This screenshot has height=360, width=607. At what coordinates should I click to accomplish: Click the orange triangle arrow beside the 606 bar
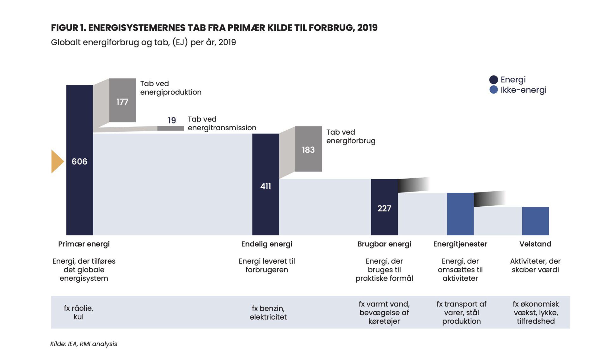[57, 161]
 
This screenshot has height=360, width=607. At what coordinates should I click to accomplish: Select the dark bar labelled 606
[80, 160]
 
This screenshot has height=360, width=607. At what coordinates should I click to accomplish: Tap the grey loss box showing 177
[122, 100]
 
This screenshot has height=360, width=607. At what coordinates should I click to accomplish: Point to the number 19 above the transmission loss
[172, 120]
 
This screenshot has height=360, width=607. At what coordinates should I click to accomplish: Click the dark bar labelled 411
[266, 184]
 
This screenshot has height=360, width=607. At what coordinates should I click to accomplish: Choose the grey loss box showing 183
[309, 149]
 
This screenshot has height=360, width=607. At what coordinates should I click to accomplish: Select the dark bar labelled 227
[384, 207]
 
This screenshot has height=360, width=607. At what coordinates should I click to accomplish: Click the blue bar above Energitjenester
[460, 214]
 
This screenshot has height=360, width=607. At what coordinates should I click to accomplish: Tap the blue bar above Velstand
[536, 221]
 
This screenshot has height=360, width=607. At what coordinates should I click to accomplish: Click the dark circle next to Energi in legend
[494, 80]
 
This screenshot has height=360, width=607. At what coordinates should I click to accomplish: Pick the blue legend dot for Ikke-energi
[494, 90]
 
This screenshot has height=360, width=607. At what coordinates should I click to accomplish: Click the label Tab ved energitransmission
[222, 123]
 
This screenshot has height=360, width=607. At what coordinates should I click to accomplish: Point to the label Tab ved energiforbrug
[351, 136]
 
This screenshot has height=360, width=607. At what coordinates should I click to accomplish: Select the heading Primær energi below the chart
[84, 244]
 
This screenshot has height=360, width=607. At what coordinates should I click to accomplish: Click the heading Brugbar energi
[384, 244]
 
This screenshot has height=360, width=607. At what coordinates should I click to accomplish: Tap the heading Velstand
[535, 244]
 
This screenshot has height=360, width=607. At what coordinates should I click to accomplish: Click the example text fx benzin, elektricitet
[268, 313]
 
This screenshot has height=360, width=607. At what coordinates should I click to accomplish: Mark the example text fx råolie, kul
[78, 313]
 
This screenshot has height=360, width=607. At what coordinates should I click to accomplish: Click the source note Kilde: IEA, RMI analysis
[83, 344]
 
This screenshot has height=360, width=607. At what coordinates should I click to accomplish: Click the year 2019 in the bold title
[367, 28]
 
